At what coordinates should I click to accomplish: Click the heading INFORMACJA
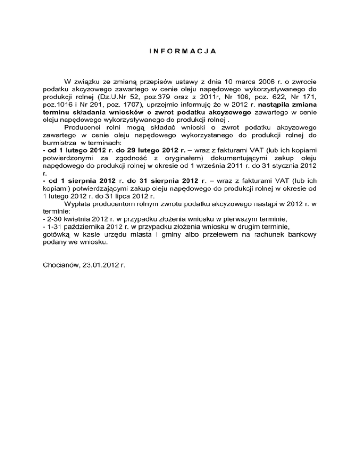tap(180, 50)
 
